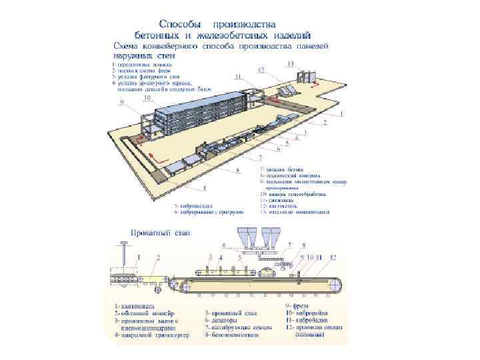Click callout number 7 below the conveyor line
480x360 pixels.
click(x=260, y=157)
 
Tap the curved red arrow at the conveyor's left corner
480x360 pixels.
click(x=141, y=138)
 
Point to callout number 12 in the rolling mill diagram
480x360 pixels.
click(x=333, y=257)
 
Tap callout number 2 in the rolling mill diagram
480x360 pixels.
click(x=158, y=257)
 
